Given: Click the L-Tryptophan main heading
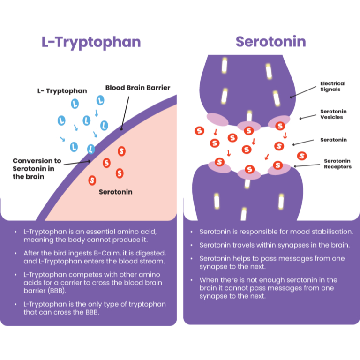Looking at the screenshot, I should (x=91, y=42).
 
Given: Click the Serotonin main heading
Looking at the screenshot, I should (x=270, y=42).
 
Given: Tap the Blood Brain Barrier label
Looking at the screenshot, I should (x=137, y=88).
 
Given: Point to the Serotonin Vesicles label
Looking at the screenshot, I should (x=333, y=114).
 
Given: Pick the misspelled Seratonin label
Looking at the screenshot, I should (x=333, y=140).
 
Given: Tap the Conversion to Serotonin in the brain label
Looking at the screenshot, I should (x=37, y=168).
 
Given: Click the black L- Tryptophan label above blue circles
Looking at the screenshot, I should (x=62, y=91).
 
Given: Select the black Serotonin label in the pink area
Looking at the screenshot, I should (x=116, y=192).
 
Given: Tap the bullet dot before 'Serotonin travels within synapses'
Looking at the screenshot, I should (x=192, y=245).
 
